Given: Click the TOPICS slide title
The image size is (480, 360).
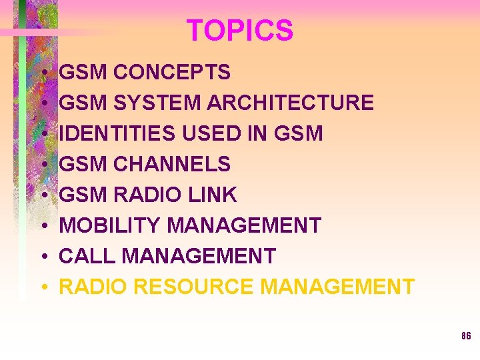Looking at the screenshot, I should click(x=239, y=31).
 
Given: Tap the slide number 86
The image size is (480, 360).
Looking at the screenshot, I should click(x=466, y=336).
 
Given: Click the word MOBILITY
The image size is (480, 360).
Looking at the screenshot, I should click(x=110, y=225).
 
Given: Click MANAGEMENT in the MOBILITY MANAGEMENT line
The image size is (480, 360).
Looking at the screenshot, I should click(x=244, y=225).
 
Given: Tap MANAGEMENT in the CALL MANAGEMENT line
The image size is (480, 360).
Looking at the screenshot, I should click(x=198, y=256).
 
